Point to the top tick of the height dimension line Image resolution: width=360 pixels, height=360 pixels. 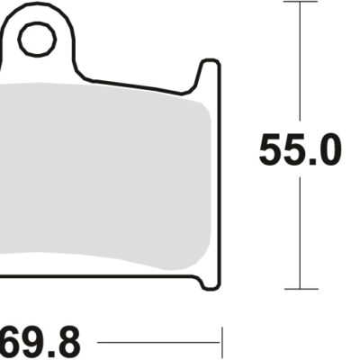pos(300,3)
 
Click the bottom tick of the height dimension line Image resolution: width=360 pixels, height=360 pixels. pos(300,289)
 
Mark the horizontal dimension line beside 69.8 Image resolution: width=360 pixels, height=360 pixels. pos(158,343)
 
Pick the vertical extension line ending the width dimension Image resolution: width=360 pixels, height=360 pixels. pos(221,342)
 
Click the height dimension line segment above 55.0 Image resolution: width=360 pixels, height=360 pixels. pos(300,63)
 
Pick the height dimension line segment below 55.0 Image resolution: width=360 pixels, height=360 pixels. pos(300,234)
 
